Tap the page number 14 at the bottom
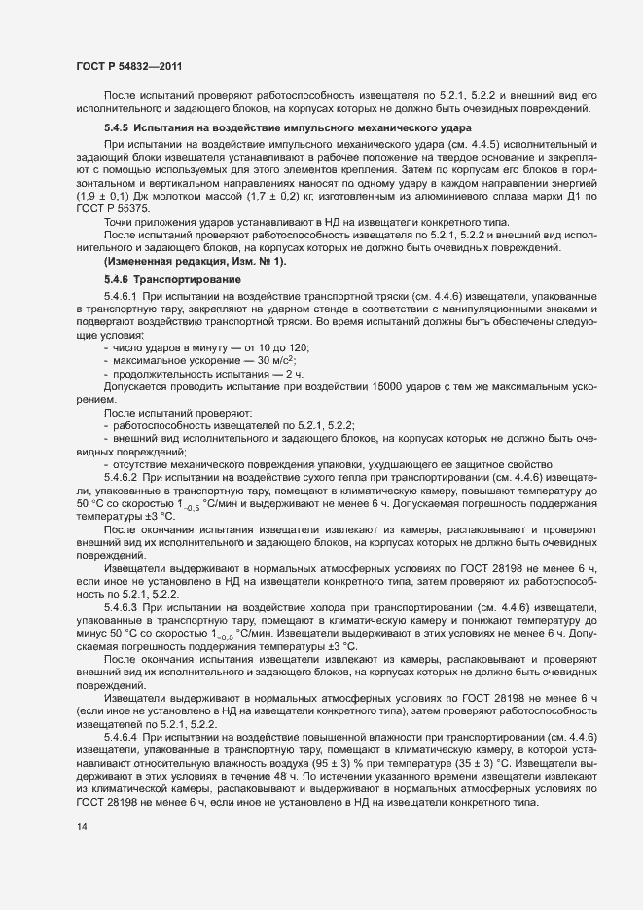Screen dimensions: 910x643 [x=81, y=853]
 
